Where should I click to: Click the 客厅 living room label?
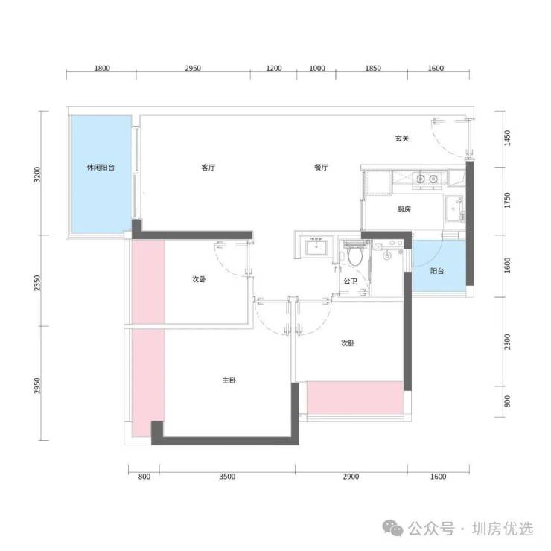(x=208, y=168)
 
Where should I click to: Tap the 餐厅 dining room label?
(x=321, y=168)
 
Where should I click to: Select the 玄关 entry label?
(x=402, y=138)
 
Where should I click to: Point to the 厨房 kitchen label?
(x=404, y=209)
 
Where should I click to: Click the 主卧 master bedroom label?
(x=229, y=380)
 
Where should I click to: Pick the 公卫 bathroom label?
(x=351, y=281)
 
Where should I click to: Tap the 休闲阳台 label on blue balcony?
(x=101, y=168)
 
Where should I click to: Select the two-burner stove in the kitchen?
(x=427, y=179)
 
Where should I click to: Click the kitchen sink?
(x=454, y=208)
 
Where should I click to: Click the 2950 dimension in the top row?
(x=193, y=69)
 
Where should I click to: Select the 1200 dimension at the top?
(x=274, y=69)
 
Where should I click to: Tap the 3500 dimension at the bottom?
(x=227, y=477)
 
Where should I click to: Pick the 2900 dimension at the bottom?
(x=351, y=477)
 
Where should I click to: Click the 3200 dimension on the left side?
(x=37, y=174)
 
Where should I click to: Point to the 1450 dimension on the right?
(x=507, y=138)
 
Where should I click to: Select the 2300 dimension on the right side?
(x=507, y=342)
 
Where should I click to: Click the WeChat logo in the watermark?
(x=393, y=529)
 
